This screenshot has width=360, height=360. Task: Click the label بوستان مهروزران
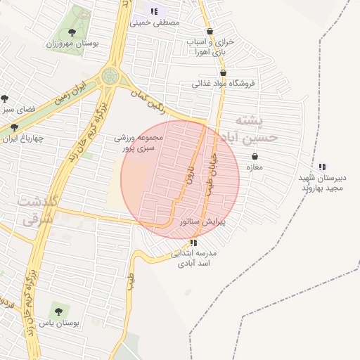coord(72,44)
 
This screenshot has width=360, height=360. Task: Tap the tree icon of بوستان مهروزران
coord(72,32)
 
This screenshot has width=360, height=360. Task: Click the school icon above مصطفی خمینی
coord(154,11)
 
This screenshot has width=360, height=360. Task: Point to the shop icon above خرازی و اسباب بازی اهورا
coord(210,32)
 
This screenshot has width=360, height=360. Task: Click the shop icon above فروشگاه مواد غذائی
coord(223,72)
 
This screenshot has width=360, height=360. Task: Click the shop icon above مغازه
coord(254,157)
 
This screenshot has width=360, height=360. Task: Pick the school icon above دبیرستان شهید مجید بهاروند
coord(322,167)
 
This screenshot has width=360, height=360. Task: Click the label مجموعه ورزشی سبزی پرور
coord(139,143)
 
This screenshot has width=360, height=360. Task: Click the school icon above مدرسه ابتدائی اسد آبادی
coord(193,243)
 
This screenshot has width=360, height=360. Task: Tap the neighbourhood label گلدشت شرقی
coord(28,210)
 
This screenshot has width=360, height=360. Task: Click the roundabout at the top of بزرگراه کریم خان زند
coord(110,76)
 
